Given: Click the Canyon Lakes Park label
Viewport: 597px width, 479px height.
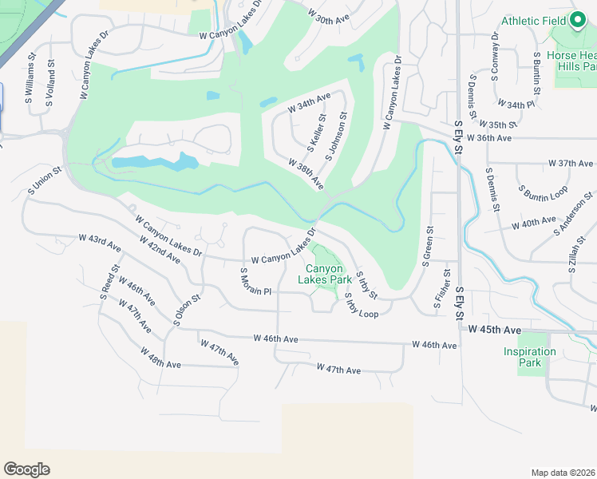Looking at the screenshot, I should click(x=324, y=275).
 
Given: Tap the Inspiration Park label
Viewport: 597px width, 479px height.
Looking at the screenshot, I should click(x=529, y=357).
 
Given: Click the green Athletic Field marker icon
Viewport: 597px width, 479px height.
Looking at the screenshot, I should click(x=577, y=20).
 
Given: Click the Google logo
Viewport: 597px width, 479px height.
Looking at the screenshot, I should click(x=26, y=469).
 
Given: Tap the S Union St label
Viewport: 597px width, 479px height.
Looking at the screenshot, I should click(x=40, y=180).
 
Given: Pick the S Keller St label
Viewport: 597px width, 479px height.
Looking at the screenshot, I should click(x=317, y=133).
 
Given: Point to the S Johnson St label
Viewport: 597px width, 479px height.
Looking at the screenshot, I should click(x=336, y=137).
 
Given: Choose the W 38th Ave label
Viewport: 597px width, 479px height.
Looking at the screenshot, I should click(x=306, y=173).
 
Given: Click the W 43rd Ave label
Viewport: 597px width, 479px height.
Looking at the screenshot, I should click(x=99, y=243).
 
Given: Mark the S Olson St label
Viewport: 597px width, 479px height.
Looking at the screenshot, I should click(x=188, y=310).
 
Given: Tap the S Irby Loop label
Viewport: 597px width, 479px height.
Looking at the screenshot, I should click(x=362, y=306).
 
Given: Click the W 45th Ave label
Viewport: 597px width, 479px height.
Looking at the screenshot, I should click(x=495, y=330).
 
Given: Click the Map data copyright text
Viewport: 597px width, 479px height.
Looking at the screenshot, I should click(x=563, y=472).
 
